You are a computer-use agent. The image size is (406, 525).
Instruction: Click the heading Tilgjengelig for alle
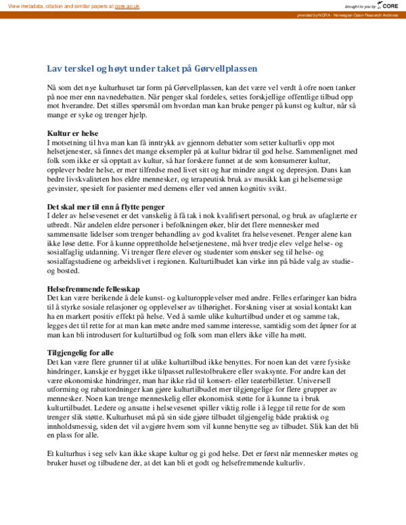click(81, 352)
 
